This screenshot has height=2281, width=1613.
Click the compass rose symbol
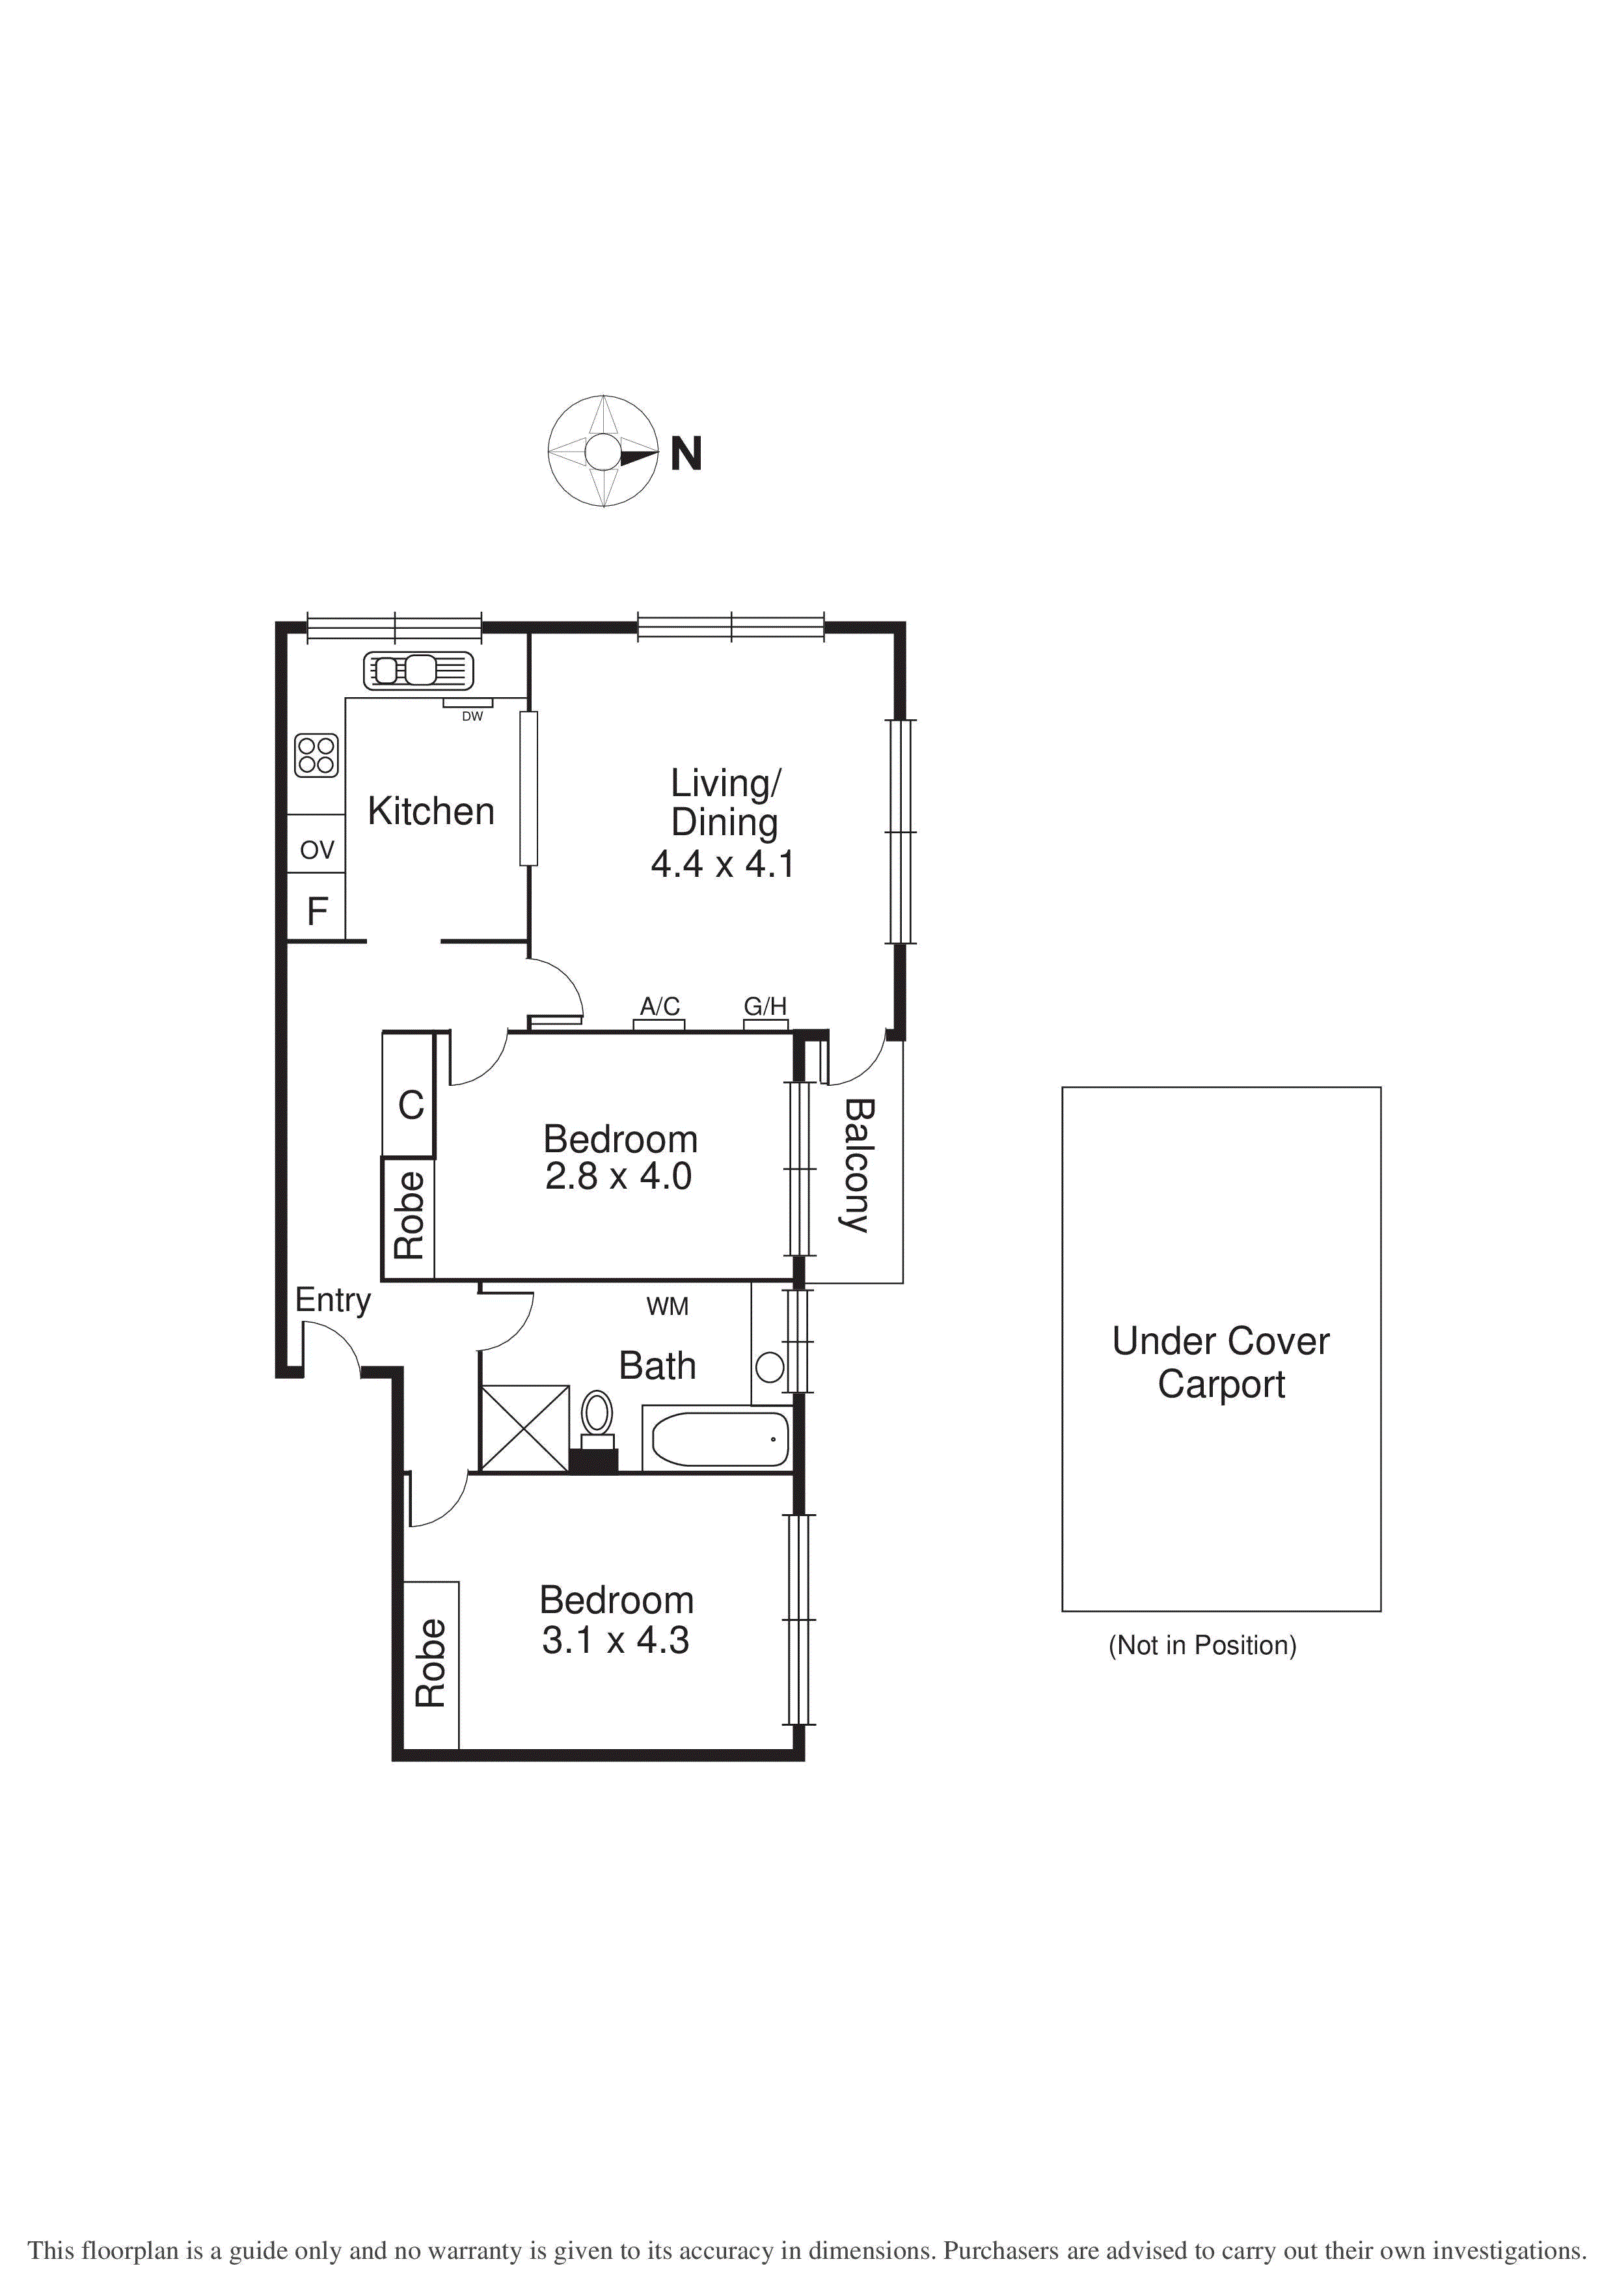coord(603,452)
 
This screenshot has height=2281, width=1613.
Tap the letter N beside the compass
coord(686,454)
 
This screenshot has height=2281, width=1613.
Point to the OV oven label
coord(317,850)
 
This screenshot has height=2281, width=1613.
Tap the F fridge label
coord(317,911)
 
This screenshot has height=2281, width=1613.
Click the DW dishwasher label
coord(472,716)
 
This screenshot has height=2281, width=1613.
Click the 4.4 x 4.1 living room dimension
coord(722,864)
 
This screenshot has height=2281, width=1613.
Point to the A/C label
coord(660,1006)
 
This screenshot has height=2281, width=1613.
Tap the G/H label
coord(765,1006)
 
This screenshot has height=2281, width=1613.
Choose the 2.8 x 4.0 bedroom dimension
coord(617,1176)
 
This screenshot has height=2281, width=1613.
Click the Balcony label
coord(856,1165)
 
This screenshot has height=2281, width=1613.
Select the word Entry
coord(332,1301)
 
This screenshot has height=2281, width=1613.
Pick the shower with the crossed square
coord(524,1428)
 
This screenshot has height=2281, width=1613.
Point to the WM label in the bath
coord(668,1306)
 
